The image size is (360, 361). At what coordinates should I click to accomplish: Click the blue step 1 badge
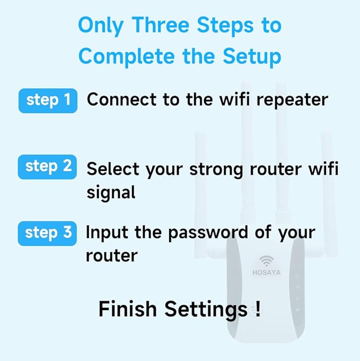click(x=48, y=100)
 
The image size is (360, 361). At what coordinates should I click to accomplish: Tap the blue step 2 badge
click(x=48, y=166)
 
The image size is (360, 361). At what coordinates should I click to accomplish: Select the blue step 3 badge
click(x=48, y=233)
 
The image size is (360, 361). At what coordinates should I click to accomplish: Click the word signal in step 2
click(x=111, y=192)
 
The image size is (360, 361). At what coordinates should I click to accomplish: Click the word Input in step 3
click(x=104, y=233)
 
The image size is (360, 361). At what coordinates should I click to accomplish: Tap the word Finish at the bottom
click(x=128, y=309)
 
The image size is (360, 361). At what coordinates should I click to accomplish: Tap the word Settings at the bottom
click(x=205, y=310)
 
